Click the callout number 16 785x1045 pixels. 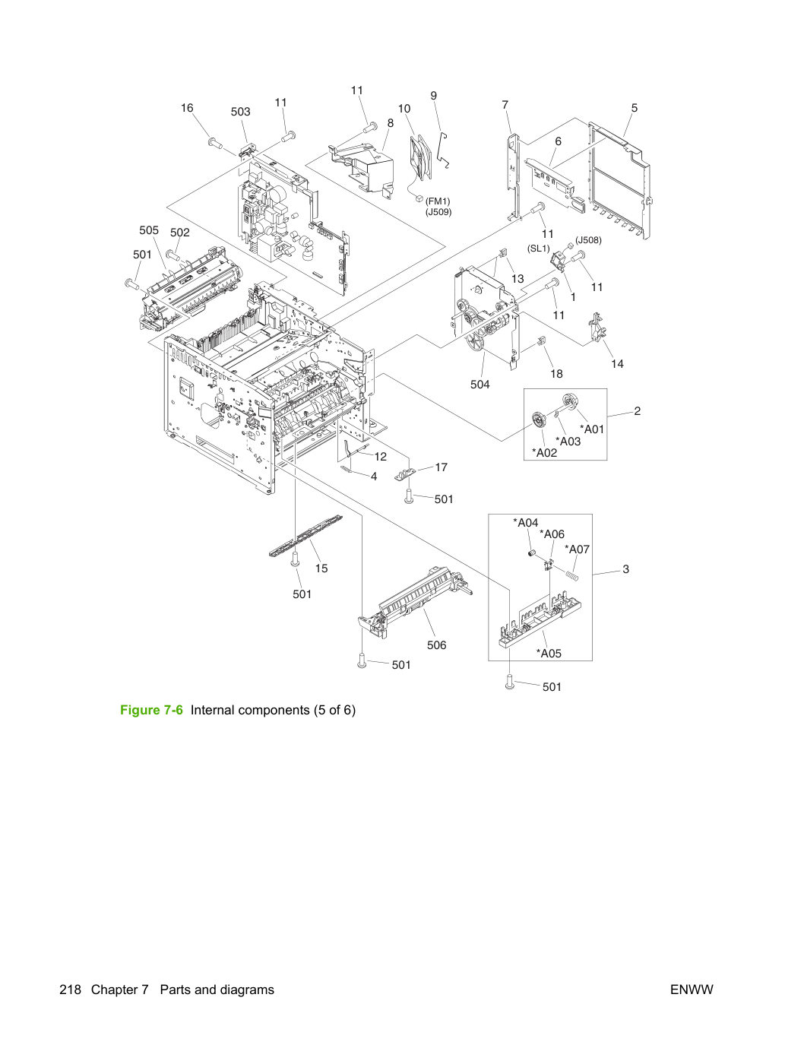[187, 108]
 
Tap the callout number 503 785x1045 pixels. [240, 112]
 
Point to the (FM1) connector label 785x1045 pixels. [438, 201]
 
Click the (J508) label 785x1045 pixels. [588, 240]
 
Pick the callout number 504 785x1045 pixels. [480, 385]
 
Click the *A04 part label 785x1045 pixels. [526, 523]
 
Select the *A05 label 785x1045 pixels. [549, 653]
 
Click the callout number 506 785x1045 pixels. [436, 645]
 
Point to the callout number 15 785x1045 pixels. [321, 568]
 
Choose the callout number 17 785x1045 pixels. [442, 467]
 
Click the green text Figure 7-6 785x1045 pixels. [151, 710]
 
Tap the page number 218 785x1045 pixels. [70, 990]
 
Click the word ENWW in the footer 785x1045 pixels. [692, 990]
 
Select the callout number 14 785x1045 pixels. [617, 364]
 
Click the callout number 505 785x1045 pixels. [148, 230]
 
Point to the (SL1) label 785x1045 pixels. [539, 248]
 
